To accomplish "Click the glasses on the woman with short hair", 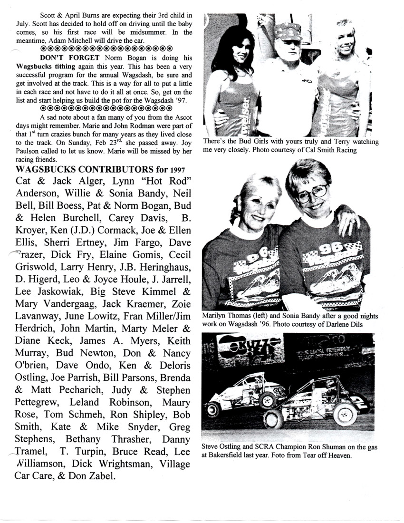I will click(x=311, y=192).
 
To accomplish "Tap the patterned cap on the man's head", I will click(x=288, y=31).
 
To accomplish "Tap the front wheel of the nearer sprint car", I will click(x=273, y=418).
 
